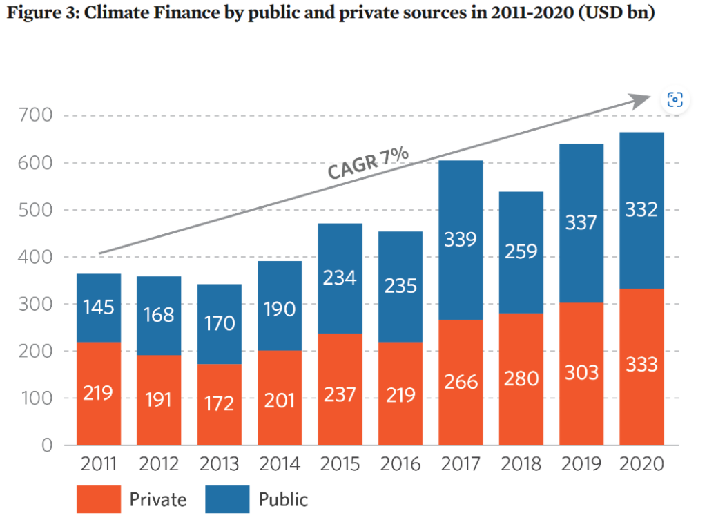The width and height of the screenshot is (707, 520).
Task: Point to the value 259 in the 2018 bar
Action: (x=521, y=251)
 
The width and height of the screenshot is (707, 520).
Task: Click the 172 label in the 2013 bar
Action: (x=219, y=403)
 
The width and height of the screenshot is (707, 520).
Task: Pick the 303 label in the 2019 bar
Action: (x=581, y=372)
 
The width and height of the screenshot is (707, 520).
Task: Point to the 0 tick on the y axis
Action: (x=46, y=445)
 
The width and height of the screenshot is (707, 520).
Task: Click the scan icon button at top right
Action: (x=675, y=99)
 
